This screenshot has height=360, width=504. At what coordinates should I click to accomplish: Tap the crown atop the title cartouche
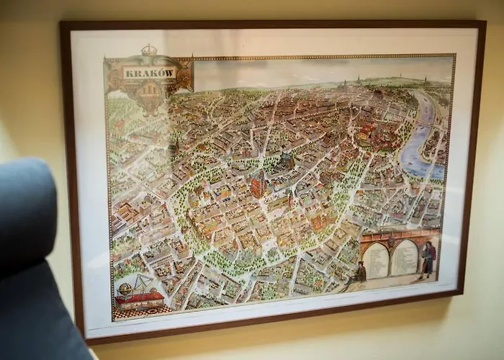click(149, 50)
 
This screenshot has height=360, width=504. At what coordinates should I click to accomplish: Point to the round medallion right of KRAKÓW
click(183, 75)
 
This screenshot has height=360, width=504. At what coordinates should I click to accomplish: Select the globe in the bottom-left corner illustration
click(126, 289)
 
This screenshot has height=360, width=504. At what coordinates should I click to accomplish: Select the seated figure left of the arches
click(360, 272)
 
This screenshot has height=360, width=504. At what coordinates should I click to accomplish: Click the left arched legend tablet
click(376, 259)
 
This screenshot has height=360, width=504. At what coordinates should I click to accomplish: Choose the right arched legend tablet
click(405, 257)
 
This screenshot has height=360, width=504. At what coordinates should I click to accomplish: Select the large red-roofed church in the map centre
click(258, 185)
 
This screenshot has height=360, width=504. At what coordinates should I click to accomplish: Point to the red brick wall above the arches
click(400, 233)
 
